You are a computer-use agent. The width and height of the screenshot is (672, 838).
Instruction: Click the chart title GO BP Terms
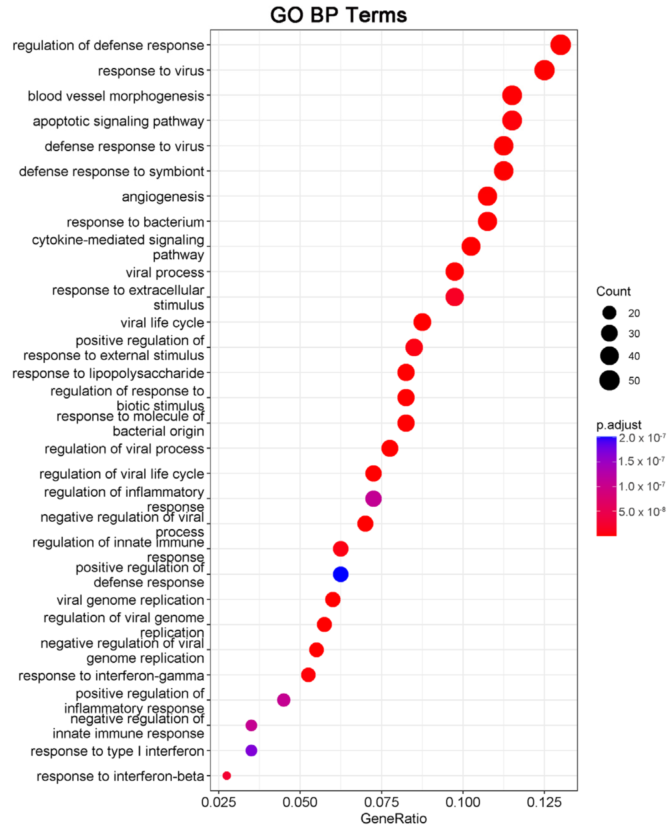click(x=338, y=16)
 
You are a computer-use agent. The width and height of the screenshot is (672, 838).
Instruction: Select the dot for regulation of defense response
click(x=560, y=45)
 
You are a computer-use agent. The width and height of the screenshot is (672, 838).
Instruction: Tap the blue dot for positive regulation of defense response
click(x=340, y=574)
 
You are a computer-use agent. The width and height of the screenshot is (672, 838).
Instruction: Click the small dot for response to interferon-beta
click(x=227, y=776)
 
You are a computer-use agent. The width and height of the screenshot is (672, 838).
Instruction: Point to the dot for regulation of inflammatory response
click(x=373, y=499)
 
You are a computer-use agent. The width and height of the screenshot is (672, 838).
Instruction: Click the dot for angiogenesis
click(x=487, y=196)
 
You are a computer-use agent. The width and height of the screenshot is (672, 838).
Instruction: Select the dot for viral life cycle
click(x=422, y=322)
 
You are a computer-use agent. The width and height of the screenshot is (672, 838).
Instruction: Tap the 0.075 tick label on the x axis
click(x=381, y=802)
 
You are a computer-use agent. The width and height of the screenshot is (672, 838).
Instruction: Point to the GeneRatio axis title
click(x=393, y=819)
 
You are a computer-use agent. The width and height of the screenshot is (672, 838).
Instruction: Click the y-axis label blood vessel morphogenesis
click(x=116, y=96)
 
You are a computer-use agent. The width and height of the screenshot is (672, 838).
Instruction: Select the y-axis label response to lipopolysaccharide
click(x=108, y=373)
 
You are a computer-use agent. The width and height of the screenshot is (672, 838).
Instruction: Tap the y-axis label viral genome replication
click(x=130, y=600)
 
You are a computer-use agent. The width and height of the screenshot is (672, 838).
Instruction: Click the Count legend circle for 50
click(x=609, y=380)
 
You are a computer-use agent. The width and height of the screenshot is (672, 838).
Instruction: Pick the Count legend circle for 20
click(x=609, y=313)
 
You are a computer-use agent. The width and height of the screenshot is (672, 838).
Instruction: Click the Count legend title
click(x=613, y=292)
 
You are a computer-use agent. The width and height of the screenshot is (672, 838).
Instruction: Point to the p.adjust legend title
click(x=618, y=425)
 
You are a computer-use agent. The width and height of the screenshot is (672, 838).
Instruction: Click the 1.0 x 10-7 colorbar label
click(x=641, y=487)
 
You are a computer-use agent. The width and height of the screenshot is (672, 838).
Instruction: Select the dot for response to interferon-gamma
click(x=308, y=675)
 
